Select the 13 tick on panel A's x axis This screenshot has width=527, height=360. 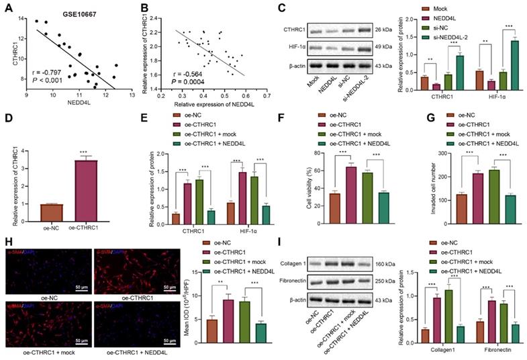pos(132,95)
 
